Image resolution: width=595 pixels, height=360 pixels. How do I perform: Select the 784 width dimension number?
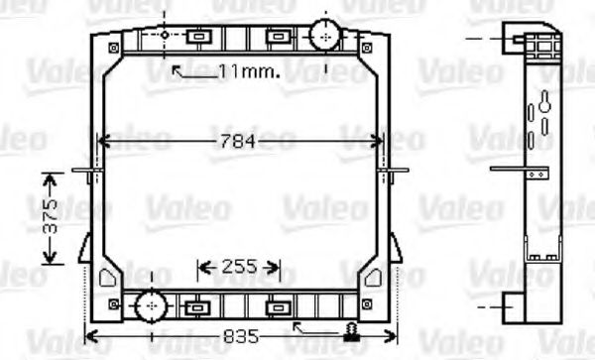coord(238,141)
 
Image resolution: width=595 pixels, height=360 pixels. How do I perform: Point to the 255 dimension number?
coord(238,266)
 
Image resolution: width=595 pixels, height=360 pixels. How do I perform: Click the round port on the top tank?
coord(324,36)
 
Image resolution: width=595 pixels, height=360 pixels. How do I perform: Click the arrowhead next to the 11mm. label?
coord(177,68)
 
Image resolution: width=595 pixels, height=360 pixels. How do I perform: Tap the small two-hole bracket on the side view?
coord(536,172)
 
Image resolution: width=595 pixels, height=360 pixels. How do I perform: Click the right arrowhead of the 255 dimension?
coord(278,267)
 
